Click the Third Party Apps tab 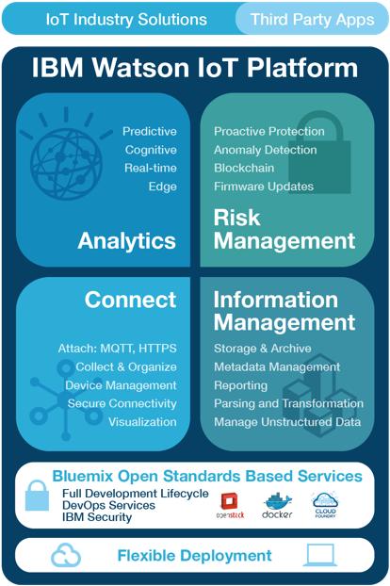coord(313,19)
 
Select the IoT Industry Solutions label coord(126,20)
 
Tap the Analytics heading coord(126,240)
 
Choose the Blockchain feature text coord(244,168)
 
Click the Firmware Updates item coord(264,187)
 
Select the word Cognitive coord(151,150)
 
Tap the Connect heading coord(130,300)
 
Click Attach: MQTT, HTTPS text coord(118,349)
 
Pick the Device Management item coord(121,385)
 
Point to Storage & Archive coord(263,349)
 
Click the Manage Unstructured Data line coord(287,422)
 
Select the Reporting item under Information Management coord(240,385)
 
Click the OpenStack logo coord(230,506)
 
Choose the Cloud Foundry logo coord(325,505)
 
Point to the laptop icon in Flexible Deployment coord(319,555)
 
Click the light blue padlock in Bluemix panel coord(37,496)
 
